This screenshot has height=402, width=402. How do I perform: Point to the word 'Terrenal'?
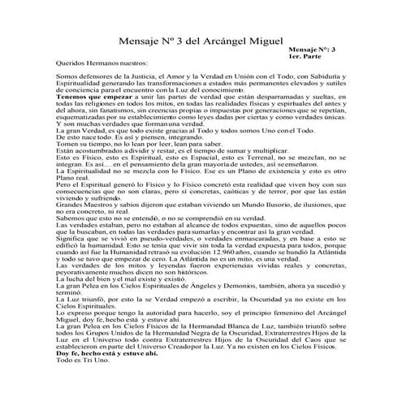click(260, 158)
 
